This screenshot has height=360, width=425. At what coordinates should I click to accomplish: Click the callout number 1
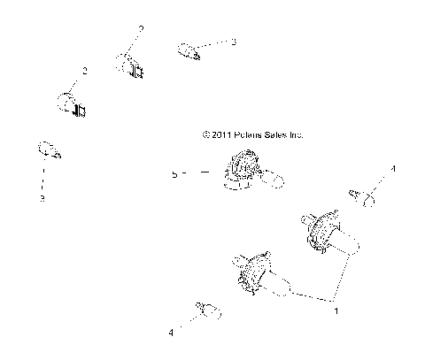[x=335, y=310]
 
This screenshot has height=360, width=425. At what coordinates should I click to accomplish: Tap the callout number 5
[x=175, y=175]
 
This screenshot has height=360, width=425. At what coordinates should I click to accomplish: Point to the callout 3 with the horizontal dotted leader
[x=234, y=42]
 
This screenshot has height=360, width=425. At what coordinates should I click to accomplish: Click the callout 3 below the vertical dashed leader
[x=41, y=199]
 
